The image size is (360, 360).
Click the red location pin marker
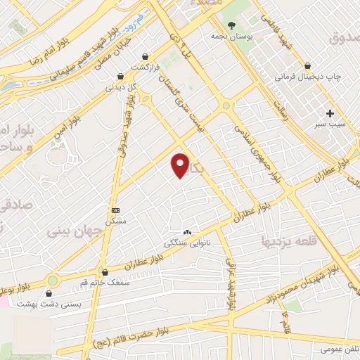tap(181, 165)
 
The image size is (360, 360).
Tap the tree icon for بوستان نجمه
tap(231, 25)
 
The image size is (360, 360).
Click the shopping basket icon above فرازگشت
tap(145, 56)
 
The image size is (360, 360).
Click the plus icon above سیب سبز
tap(330, 112)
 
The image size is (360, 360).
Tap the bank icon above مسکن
tap(115, 210)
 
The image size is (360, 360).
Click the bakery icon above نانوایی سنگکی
tap(187, 232)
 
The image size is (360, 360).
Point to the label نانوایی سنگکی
tap(183, 243)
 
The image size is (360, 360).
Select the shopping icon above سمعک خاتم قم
tap(105, 271)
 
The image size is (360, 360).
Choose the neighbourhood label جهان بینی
tap(70, 230)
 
